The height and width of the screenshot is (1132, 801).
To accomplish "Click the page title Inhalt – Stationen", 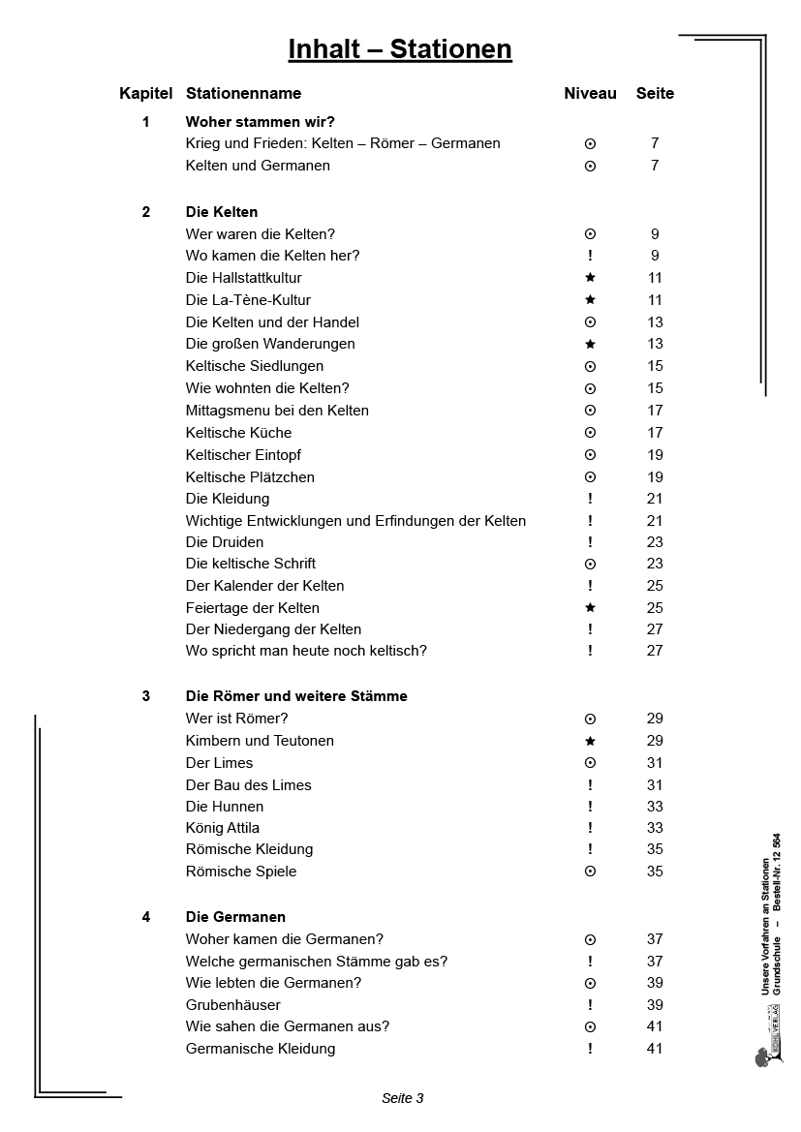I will (x=400, y=49).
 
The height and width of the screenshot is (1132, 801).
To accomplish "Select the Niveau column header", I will (x=590, y=94).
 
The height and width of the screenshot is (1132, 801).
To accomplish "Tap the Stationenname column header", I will (x=243, y=94).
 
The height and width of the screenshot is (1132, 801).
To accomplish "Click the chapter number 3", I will (x=146, y=696).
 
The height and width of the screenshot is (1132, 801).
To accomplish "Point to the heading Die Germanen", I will (x=235, y=917).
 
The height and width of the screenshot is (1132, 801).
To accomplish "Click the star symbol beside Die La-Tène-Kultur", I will (x=590, y=300).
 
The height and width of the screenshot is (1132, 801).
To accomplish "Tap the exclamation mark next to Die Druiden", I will (x=590, y=542).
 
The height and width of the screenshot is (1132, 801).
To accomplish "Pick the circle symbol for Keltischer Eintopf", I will (x=590, y=455).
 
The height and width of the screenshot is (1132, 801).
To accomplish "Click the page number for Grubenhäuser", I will (x=655, y=1005).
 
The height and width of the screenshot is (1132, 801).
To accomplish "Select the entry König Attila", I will (x=223, y=828).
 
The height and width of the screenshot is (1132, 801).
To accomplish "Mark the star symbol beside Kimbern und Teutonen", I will (x=590, y=741).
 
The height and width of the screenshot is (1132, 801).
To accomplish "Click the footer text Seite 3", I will (x=403, y=1098).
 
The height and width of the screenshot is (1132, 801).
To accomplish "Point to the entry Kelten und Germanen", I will (x=258, y=166).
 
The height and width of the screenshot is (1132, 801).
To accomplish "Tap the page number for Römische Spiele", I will (x=655, y=872).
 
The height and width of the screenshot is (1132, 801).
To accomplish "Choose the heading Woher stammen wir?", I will (x=260, y=122).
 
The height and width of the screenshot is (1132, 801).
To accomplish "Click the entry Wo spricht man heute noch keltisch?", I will (x=306, y=651).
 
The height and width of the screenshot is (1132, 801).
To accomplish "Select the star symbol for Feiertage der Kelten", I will (x=590, y=608).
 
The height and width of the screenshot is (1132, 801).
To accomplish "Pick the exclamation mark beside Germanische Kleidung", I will (x=590, y=1049).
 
